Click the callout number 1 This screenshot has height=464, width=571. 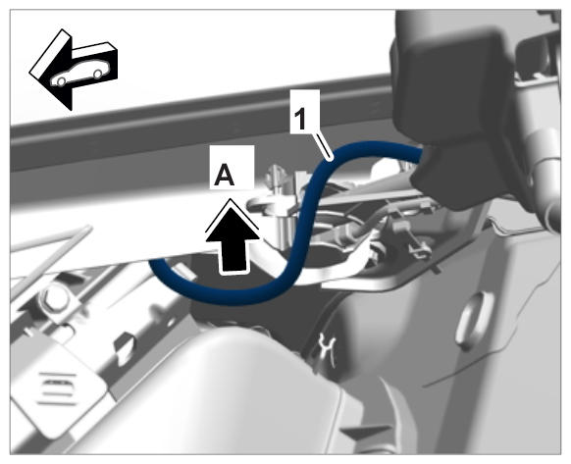pos(300,120)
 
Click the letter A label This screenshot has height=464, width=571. pos(225,175)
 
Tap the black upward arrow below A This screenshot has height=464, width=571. pos(233,237)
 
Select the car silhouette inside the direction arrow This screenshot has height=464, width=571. pos(78,76)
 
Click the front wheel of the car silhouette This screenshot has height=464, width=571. pos(61,81)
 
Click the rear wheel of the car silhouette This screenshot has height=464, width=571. pos(97,74)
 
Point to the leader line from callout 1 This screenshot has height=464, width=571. pos(323,146)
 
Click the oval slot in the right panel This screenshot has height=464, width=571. pos(475,320)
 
